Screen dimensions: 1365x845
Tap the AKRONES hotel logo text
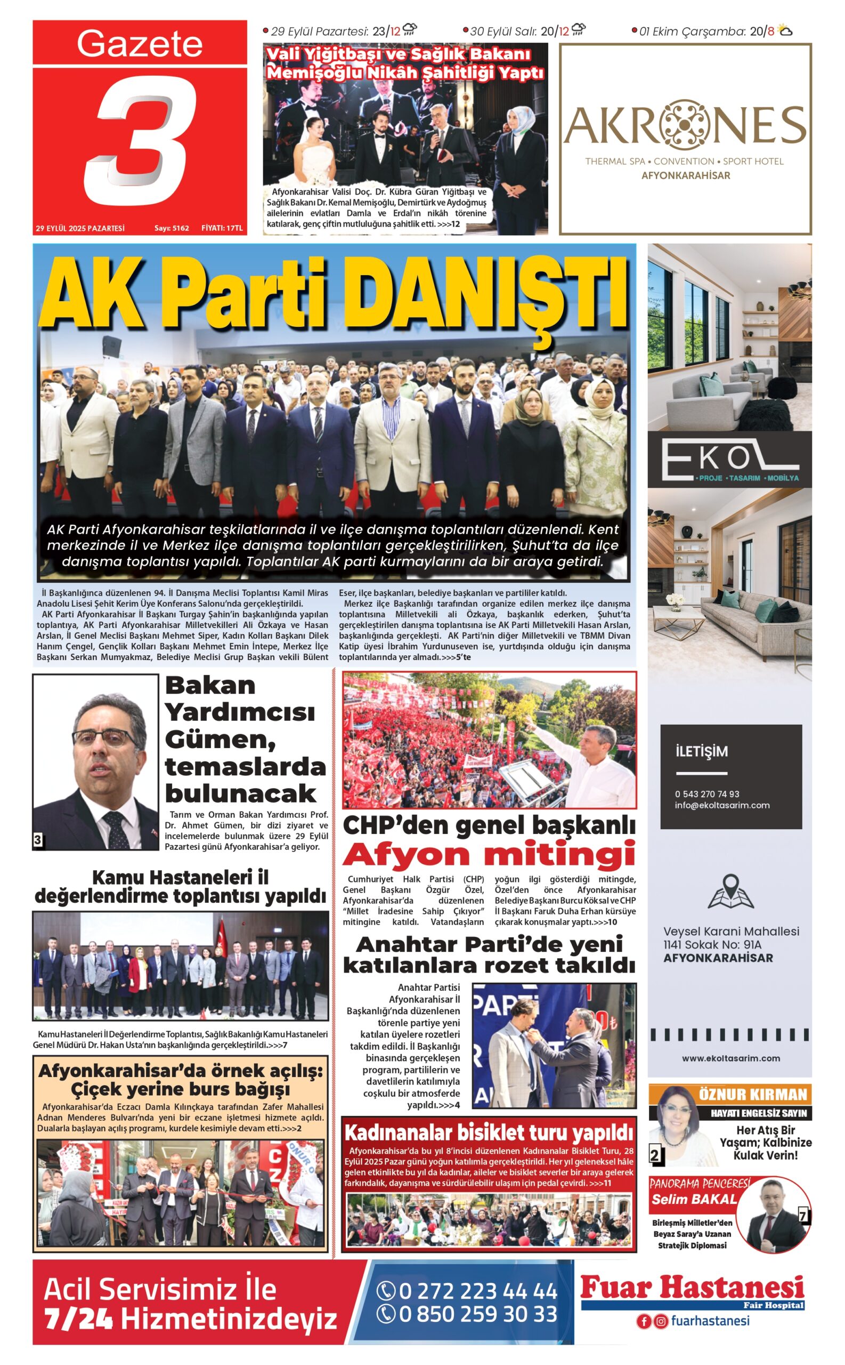click(685, 126)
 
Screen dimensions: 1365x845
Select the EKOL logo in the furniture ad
click(729, 459)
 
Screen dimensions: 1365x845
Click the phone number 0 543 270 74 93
click(706, 794)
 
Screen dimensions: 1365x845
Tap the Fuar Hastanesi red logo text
click(692, 1288)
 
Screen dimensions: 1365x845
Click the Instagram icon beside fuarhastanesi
click(661, 1321)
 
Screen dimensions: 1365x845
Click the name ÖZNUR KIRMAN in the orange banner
click(753, 1095)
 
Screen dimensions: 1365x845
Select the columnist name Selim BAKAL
click(694, 1199)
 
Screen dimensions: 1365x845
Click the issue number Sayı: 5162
click(172, 228)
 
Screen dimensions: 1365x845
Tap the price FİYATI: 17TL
click(222, 228)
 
